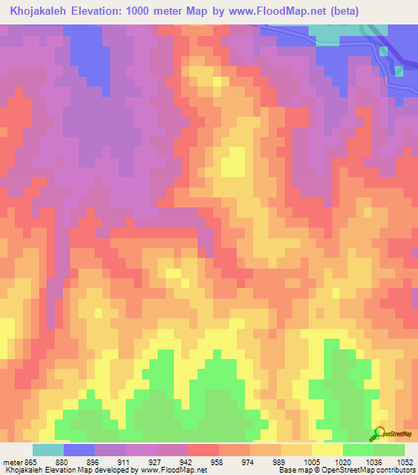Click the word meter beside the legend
tap(11, 462)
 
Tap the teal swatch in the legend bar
tap(48, 450)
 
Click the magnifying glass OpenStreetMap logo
tap(379, 434)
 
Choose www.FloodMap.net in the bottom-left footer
tap(171, 471)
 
